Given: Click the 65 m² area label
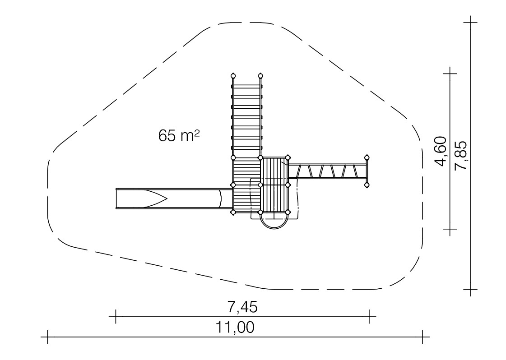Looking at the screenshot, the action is click(x=179, y=135).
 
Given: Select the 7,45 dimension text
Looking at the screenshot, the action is click(x=243, y=307).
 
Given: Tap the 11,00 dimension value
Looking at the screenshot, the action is click(x=235, y=328).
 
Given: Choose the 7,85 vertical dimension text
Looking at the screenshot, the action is click(x=460, y=156).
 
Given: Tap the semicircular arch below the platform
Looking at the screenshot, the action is click(x=274, y=222).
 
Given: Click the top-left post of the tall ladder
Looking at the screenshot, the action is click(x=233, y=76).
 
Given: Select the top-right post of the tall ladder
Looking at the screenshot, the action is click(x=260, y=76).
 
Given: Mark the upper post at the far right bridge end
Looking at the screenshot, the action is click(x=367, y=158).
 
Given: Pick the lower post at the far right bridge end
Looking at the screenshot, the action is click(x=367, y=185).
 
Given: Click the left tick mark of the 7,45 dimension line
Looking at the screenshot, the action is click(x=116, y=316).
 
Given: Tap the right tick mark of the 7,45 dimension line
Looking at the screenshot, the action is click(x=369, y=316).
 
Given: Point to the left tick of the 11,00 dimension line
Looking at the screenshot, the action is click(x=48, y=337).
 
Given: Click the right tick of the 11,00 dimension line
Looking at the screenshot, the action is click(x=422, y=337).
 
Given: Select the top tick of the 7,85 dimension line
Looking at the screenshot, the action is click(x=470, y=23).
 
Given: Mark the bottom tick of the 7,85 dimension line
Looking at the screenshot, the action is click(x=470, y=290).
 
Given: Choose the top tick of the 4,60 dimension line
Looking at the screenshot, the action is click(x=450, y=73).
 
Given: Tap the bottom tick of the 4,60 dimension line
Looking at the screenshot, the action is click(x=450, y=229).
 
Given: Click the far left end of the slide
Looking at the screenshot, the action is click(x=116, y=198).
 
